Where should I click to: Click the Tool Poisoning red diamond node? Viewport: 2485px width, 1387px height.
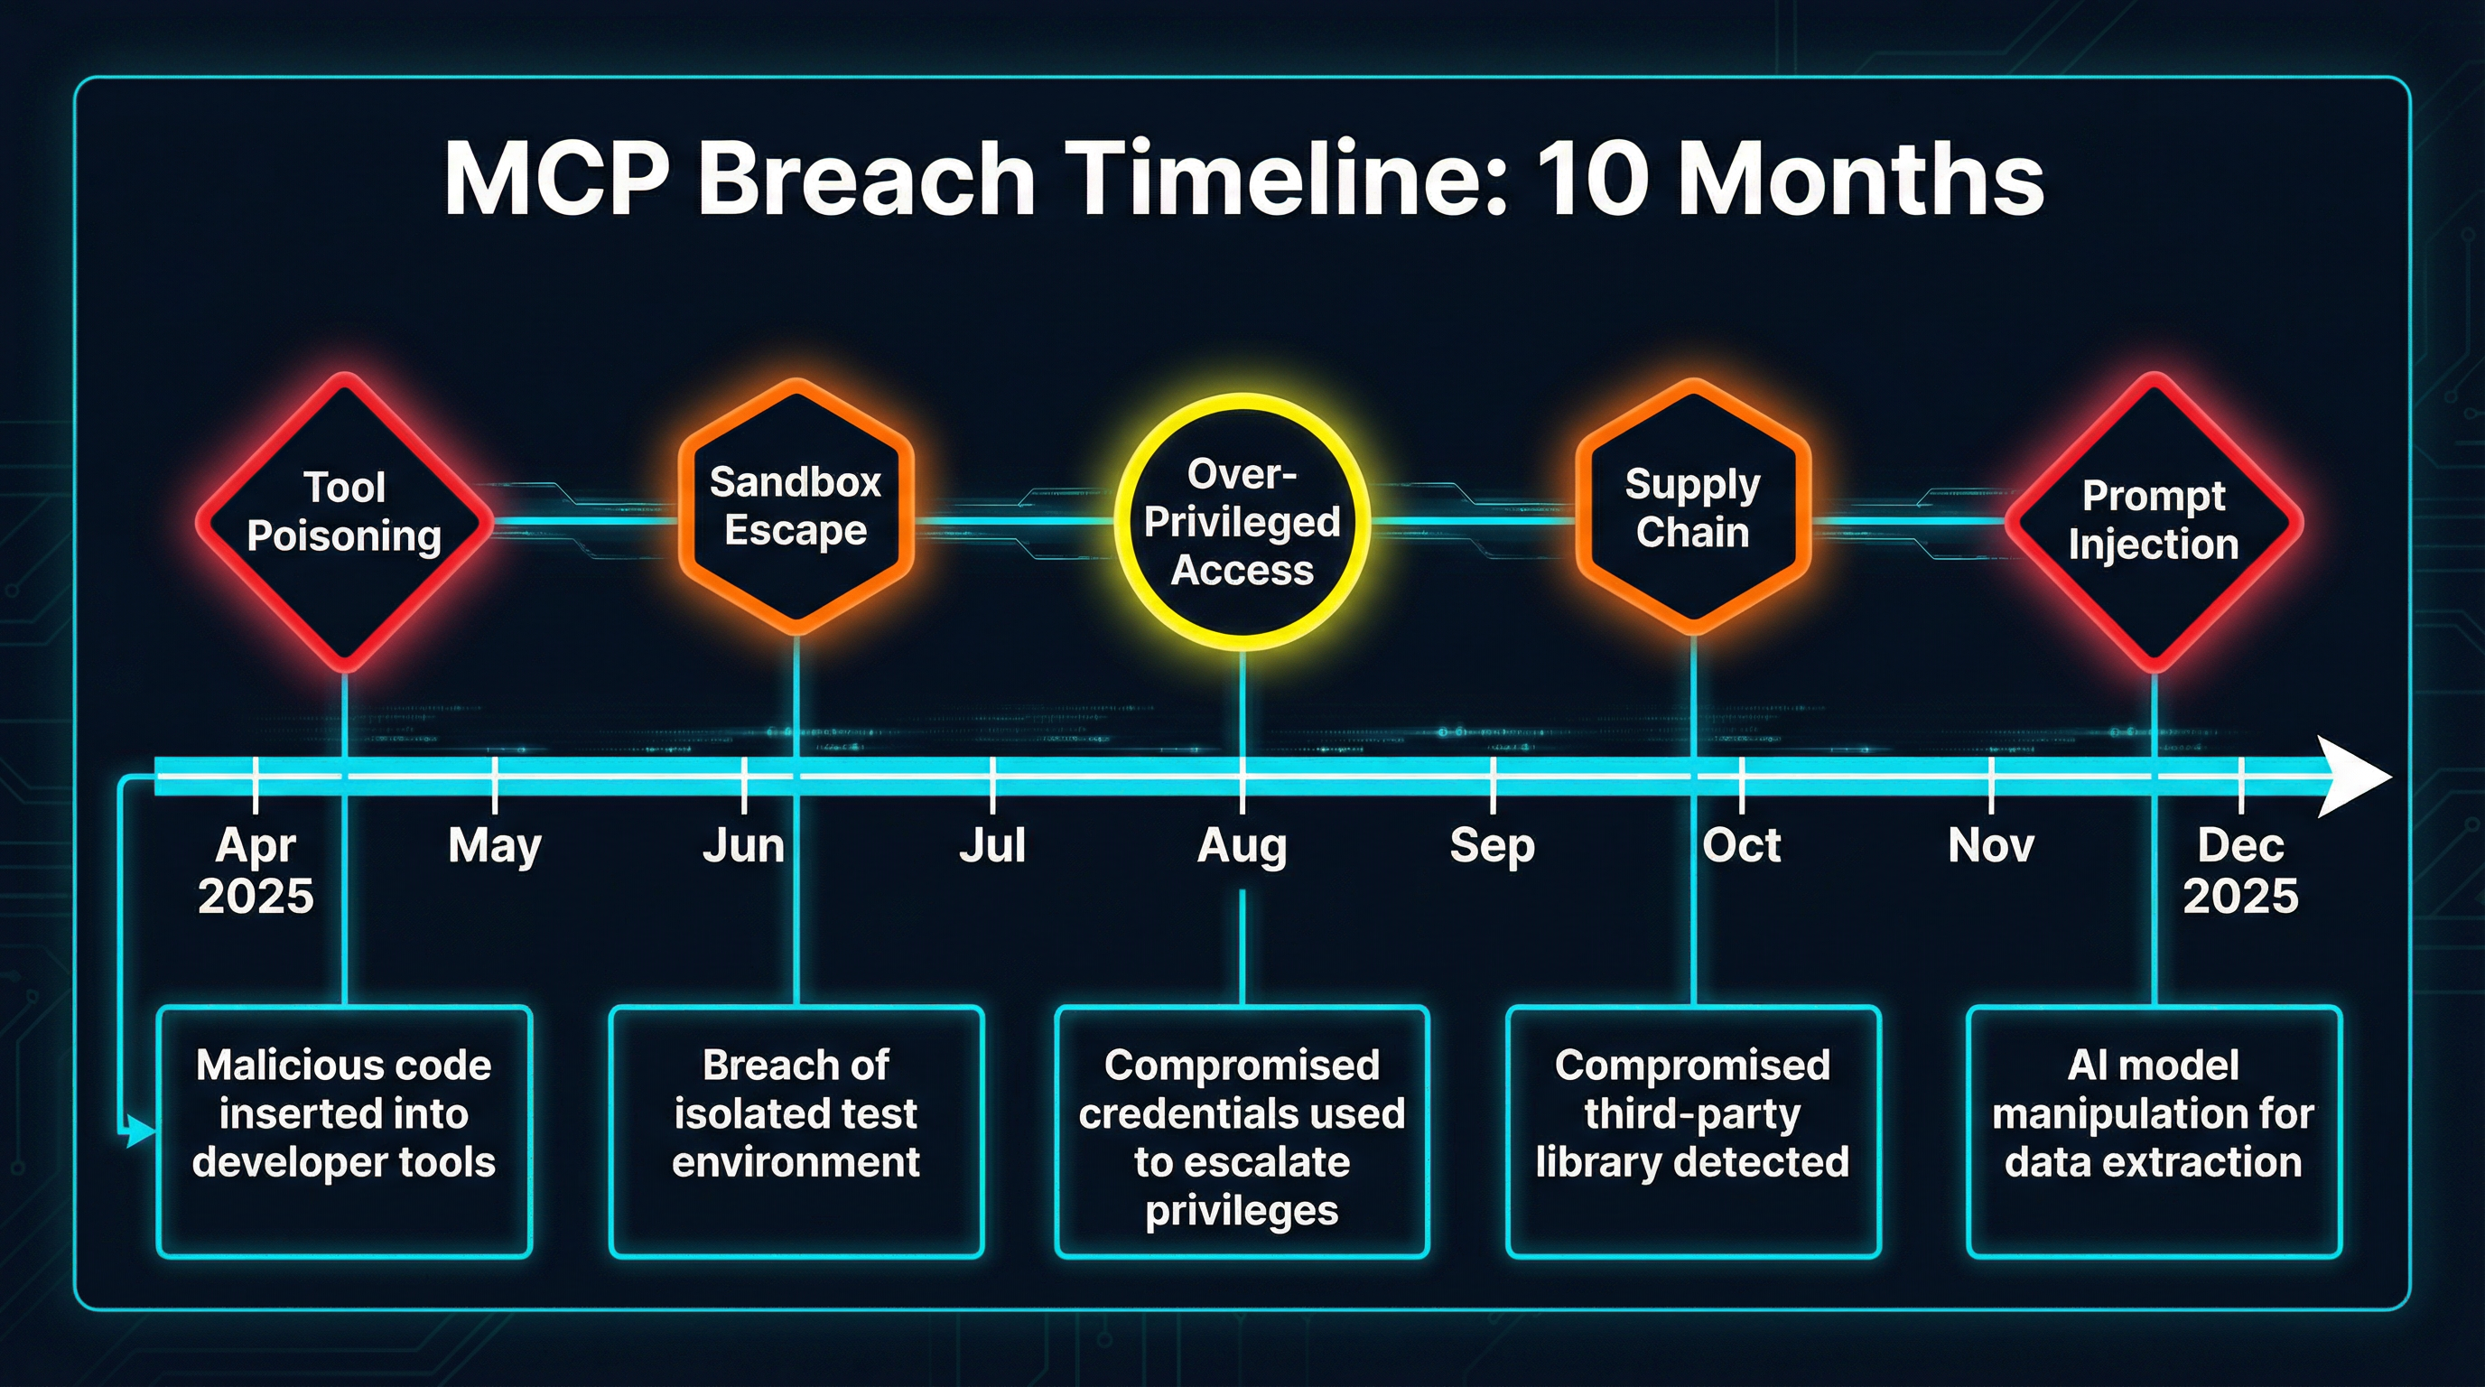(x=344, y=521)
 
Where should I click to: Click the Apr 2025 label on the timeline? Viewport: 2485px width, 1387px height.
(x=256, y=870)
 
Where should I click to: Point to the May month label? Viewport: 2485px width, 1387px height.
(x=494, y=846)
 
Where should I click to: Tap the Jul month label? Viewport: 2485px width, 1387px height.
(x=991, y=846)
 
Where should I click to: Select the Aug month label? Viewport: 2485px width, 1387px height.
(x=1242, y=846)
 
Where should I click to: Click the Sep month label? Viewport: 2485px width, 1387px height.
(x=1492, y=846)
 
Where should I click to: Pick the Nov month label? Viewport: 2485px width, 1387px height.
(x=1991, y=846)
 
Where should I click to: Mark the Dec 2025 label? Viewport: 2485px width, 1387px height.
(x=2240, y=870)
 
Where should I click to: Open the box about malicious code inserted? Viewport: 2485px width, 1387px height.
(x=344, y=1131)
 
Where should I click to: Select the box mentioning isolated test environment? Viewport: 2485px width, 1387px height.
(x=796, y=1131)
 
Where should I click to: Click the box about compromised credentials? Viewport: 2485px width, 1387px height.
(x=1242, y=1131)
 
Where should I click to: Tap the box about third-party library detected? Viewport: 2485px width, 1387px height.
(x=1693, y=1131)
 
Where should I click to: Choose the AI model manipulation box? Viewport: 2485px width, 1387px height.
(x=2153, y=1131)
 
